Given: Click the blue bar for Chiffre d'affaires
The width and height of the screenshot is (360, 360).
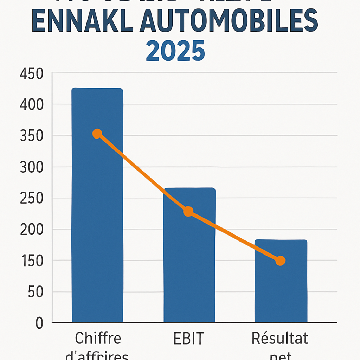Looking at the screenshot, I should pyautogui.click(x=97, y=211).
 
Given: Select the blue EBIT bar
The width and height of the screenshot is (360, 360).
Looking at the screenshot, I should pyautogui.click(x=189, y=260).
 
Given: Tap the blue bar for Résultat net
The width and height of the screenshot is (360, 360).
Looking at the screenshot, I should pyautogui.click(x=281, y=288).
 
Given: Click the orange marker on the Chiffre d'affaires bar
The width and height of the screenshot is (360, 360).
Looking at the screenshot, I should pyautogui.click(x=97, y=134).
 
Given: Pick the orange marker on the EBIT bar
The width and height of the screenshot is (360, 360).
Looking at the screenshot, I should pyautogui.click(x=188, y=212).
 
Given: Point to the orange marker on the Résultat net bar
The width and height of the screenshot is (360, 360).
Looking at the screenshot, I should pyautogui.click(x=280, y=261).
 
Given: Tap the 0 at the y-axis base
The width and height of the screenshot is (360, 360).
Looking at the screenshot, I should pyautogui.click(x=39, y=323).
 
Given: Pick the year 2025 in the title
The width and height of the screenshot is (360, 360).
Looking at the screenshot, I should pyautogui.click(x=175, y=51).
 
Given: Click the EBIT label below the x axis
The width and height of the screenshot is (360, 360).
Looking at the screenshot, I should pyautogui.click(x=188, y=339).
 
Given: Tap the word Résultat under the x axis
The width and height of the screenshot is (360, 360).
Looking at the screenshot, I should pyautogui.click(x=280, y=339).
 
